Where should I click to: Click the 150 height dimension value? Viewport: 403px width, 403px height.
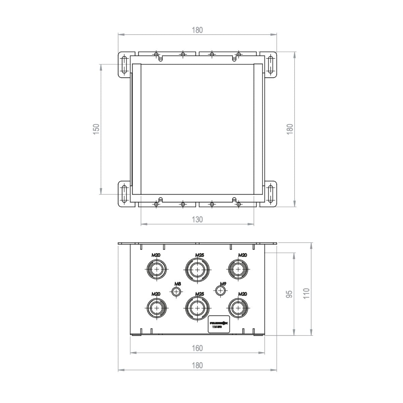click(96, 129)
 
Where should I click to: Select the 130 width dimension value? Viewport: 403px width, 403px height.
click(197, 220)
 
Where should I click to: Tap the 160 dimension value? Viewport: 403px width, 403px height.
click(197, 348)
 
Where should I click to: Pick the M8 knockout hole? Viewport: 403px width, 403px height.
click(176, 292)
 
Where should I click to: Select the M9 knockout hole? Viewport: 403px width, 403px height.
click(220, 290)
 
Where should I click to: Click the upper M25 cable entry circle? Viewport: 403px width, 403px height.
click(197, 270)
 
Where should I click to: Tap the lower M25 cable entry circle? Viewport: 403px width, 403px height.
click(197, 308)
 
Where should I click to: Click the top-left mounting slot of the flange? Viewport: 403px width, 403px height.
click(124, 65)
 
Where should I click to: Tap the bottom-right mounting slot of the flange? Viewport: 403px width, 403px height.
click(270, 194)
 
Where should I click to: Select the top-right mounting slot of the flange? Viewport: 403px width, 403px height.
click(270, 65)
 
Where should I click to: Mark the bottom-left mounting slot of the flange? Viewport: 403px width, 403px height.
click(124, 194)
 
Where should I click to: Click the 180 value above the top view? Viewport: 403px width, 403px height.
click(197, 30)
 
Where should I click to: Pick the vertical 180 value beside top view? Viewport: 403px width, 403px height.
click(290, 129)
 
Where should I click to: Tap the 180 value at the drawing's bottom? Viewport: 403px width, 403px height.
click(197, 365)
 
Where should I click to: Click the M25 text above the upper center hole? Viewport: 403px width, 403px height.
click(199, 255)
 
